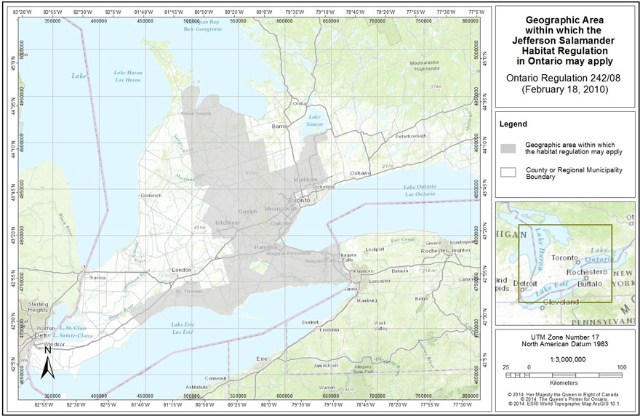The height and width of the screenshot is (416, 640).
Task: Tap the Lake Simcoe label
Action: tap(316, 121)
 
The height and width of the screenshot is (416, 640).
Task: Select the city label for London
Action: tap(180, 270)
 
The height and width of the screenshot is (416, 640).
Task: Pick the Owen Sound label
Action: tap(196, 113)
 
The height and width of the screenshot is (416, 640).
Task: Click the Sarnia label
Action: tap(97, 278)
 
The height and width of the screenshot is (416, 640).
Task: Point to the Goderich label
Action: tap(151, 195)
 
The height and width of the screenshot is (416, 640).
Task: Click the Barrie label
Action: tap(280, 126)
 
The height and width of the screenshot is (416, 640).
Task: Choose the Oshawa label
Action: tap(361, 173)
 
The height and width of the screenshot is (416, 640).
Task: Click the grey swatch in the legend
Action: tap(508, 148)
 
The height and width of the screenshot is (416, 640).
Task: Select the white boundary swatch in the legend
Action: tap(508, 172)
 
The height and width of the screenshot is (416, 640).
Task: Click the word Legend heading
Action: tap(513, 124)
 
